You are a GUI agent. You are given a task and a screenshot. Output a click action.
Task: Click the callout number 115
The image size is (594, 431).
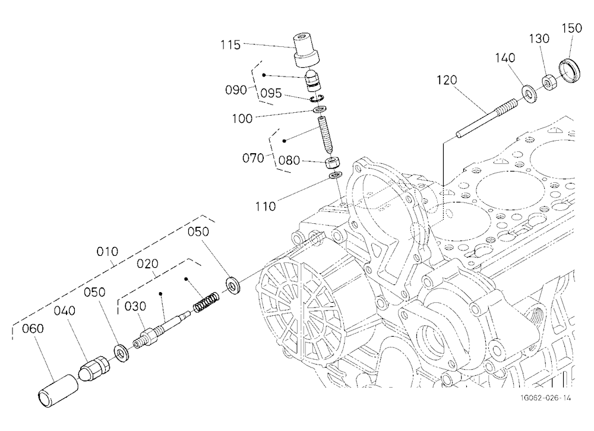pos(230,45)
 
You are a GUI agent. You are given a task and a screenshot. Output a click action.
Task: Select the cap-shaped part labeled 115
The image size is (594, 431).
pos(307,50)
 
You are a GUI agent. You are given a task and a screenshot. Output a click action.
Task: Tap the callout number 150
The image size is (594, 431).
pos(571,28)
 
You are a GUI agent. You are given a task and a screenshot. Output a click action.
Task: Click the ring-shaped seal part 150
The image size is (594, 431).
pos(570,71)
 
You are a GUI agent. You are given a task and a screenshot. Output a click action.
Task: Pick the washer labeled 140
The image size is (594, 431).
pos(530,94)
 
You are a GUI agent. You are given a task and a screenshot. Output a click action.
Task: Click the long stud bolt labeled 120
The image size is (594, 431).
pos(487,119)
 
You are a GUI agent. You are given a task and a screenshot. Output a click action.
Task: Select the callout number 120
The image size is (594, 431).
pos(447,80)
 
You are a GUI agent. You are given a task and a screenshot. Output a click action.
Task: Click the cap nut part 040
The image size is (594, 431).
pos(94,369)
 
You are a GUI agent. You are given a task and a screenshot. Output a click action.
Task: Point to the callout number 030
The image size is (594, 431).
pos(135,306)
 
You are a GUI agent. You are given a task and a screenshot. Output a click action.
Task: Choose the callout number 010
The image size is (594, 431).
pos(107,252)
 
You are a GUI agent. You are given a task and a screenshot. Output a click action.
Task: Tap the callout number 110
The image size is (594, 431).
pos(265,207)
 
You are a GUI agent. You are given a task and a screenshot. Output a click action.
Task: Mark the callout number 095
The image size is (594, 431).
pos(271,93)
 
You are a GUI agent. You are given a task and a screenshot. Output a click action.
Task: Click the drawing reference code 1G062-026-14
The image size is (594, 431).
pos(545,398)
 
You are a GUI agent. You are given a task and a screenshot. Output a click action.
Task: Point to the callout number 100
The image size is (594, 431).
pos(242,119)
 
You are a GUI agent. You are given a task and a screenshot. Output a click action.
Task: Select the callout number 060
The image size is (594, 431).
pos(33,329)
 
